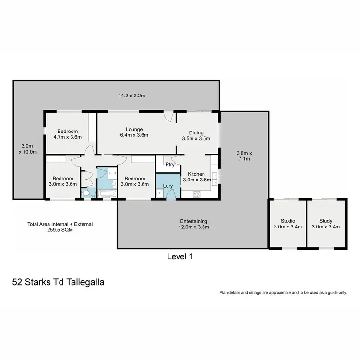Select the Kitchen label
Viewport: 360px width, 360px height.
(196, 174)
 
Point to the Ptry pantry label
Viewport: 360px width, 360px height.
(169, 164)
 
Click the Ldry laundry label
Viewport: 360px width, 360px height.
(168, 185)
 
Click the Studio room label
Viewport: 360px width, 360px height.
(288, 221)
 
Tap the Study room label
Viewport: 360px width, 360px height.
(326, 221)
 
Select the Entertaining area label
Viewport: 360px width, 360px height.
(191, 221)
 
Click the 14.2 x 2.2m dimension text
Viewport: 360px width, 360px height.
(132, 96)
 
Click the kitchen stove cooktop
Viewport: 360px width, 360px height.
(196, 194)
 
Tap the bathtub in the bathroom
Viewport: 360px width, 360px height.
(107, 194)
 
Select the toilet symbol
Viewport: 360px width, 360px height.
(85, 193)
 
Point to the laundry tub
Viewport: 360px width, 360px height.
(159, 193)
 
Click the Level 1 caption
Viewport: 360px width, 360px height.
(180, 256)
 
